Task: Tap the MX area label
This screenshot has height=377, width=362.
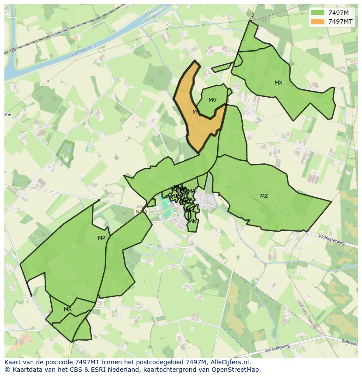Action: click(278, 83)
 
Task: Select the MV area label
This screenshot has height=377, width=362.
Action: click(212, 100)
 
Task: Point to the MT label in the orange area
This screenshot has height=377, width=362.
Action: click(196, 112)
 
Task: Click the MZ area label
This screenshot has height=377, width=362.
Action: click(264, 196)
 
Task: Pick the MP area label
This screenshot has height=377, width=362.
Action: click(101, 238)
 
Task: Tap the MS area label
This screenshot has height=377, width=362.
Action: click(67, 310)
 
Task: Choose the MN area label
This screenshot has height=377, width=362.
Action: click(192, 222)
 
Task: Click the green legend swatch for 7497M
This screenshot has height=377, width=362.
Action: click(318, 13)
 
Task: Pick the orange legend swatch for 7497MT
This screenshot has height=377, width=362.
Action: click(318, 21)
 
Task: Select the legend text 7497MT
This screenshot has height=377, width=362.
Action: click(341, 21)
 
